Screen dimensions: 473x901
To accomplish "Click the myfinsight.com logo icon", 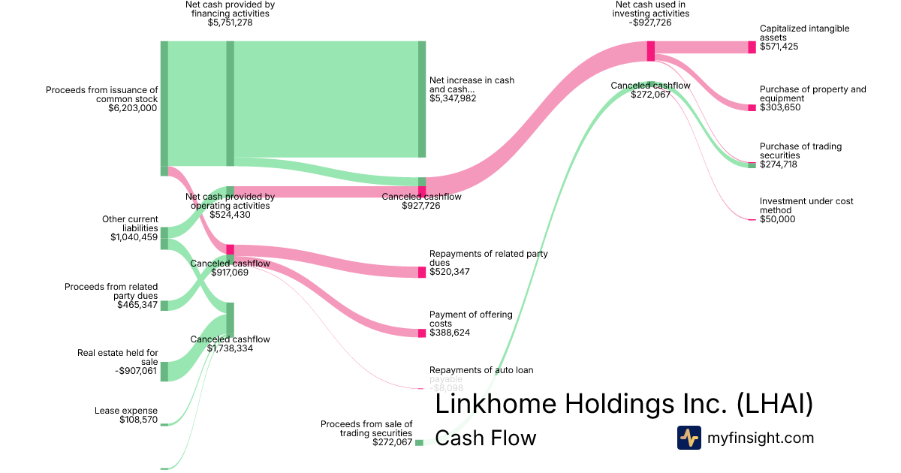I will point(689,438).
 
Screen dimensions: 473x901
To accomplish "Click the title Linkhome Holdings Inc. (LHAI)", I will point(624,404).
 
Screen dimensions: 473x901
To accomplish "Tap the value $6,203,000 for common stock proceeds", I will point(133,108).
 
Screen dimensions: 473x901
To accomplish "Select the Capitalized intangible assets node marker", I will point(752,47).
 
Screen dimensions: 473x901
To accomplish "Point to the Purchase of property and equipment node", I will point(752,108).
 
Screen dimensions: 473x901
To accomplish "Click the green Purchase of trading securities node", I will point(752,164).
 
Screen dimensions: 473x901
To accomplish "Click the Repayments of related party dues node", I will point(422,272).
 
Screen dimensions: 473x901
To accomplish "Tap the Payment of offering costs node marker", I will point(422,333).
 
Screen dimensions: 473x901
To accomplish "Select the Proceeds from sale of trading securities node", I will point(419,442).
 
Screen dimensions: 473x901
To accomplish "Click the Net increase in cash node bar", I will point(422,99).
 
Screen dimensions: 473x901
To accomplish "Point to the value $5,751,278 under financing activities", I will point(230,23).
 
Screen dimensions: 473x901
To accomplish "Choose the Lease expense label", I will point(126,411).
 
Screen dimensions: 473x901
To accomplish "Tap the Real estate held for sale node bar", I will point(164,371).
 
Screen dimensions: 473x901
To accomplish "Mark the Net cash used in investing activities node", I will point(651,51).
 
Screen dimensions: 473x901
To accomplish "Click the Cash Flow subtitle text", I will point(486,438).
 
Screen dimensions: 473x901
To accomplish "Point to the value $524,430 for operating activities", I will point(230,215).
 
